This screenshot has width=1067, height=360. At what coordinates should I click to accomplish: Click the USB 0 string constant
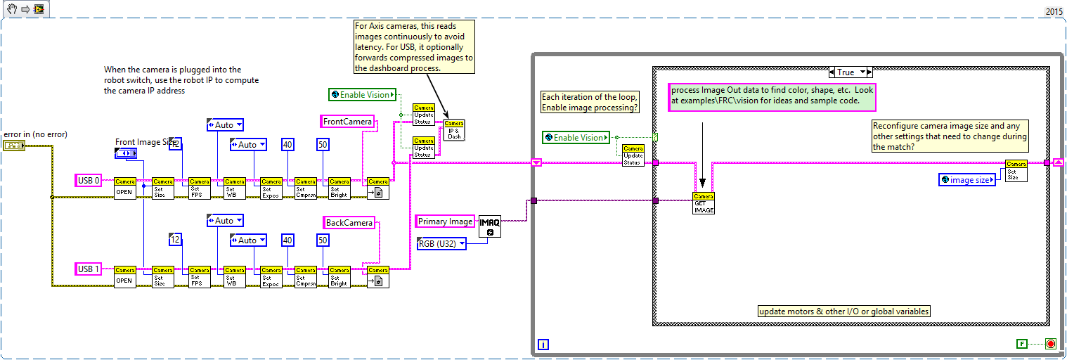pos(89,181)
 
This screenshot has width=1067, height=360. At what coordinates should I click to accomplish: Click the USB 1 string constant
pos(89,269)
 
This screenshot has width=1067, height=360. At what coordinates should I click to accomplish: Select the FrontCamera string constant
pos(347,122)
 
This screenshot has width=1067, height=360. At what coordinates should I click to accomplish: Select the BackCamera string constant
pos(349,223)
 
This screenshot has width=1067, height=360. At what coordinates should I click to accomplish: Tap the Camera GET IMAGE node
pos(704,202)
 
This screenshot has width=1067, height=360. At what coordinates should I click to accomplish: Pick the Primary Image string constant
pos(445,221)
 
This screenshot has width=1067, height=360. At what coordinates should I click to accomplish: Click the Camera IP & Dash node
pos(454,130)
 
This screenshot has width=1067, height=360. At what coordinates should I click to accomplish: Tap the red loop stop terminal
pos(1051,344)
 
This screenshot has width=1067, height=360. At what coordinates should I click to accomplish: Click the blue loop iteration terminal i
pos(543,344)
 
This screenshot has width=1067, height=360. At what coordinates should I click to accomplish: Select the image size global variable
pos(968,180)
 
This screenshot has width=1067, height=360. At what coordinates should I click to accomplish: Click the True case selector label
pos(851,72)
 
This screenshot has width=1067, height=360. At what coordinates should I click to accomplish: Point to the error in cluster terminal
pos(13,146)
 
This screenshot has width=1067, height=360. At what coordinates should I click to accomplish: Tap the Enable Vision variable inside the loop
pos(574,138)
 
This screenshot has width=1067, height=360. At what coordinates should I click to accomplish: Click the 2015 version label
pos(1054,11)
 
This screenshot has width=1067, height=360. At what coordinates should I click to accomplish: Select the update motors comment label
pos(844,311)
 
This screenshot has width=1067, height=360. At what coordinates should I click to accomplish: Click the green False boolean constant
pos(1022,344)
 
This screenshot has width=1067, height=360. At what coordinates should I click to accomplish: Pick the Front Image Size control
pos(126,153)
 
